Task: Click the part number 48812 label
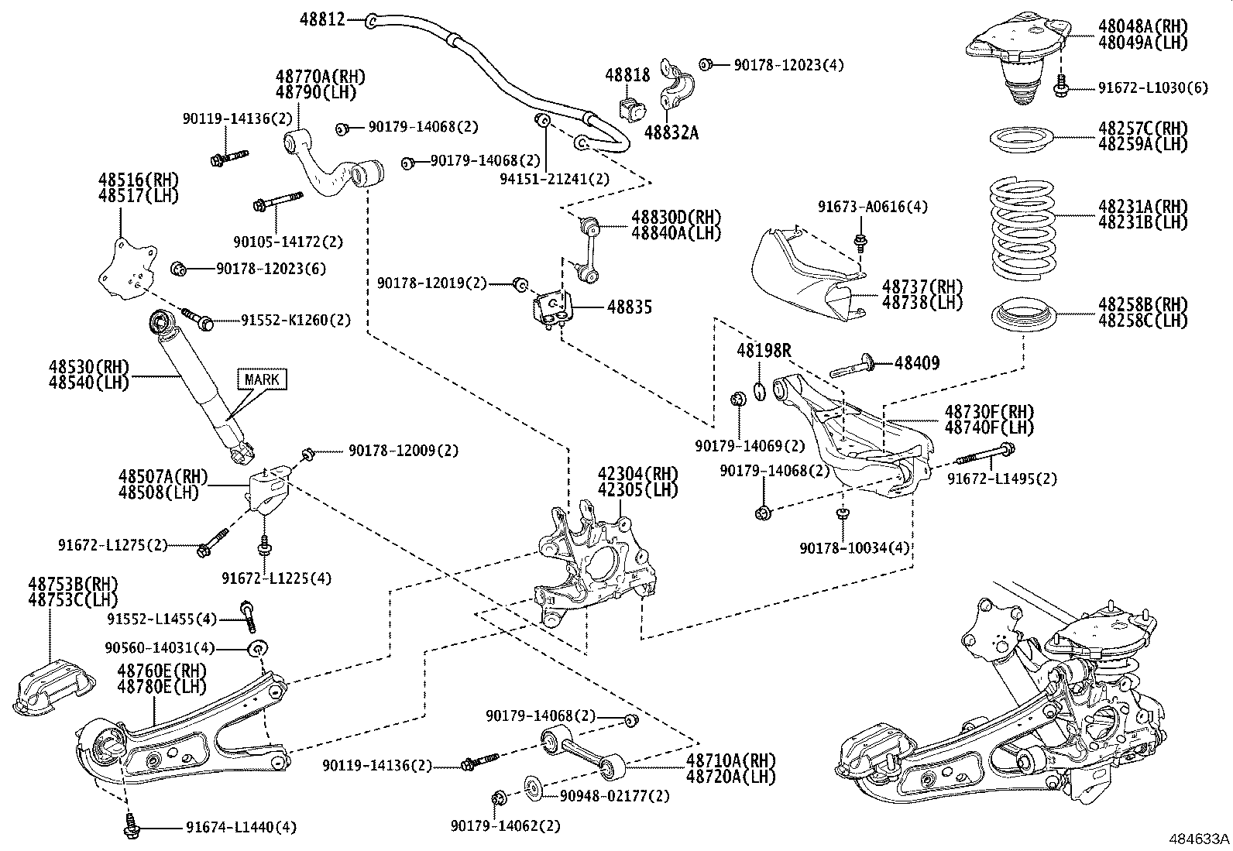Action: pos(322,19)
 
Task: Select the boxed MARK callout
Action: pos(263,379)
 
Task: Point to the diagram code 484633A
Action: pos(1199,839)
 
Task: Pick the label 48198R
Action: pos(764,351)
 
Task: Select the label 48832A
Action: pos(671,133)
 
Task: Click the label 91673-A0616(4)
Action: pos(872,207)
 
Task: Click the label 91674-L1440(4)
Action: pos(241,828)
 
